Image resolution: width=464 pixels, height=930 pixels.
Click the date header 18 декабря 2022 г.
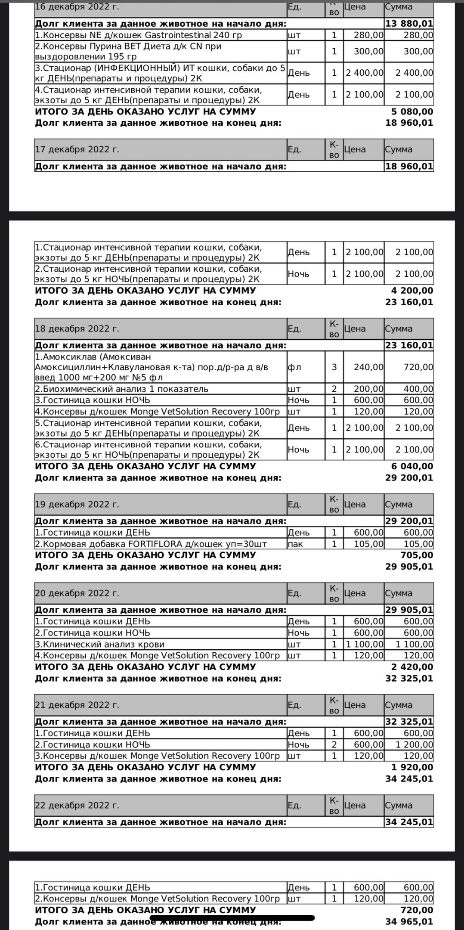tap(77, 329)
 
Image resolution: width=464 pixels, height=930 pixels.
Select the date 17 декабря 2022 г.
tap(77, 150)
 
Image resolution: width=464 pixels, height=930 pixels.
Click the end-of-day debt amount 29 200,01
tap(409, 478)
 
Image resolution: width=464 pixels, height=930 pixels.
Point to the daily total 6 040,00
tap(412, 466)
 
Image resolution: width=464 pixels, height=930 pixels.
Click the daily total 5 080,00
tap(412, 112)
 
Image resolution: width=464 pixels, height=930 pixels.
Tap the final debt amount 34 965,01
tap(409, 921)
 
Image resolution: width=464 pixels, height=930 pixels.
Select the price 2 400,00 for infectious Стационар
tap(365, 73)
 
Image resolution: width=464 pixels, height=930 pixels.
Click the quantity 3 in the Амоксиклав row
tap(334, 367)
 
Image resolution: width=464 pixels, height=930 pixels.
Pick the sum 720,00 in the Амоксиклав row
tap(418, 367)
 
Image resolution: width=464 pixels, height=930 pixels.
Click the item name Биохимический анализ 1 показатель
tap(122, 389)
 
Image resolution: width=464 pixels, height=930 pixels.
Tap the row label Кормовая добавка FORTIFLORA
tap(151, 544)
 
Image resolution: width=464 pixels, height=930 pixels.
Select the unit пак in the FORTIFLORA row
tap(295, 544)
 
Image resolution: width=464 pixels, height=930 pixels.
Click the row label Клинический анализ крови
tap(100, 645)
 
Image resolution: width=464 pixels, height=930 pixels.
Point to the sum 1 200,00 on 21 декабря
tap(415, 745)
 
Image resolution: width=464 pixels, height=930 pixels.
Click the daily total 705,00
tap(418, 555)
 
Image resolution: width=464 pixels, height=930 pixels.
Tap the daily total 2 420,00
tap(412, 667)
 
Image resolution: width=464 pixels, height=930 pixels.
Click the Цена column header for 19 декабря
tap(355, 505)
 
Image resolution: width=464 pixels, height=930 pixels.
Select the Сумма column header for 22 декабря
tap(399, 806)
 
